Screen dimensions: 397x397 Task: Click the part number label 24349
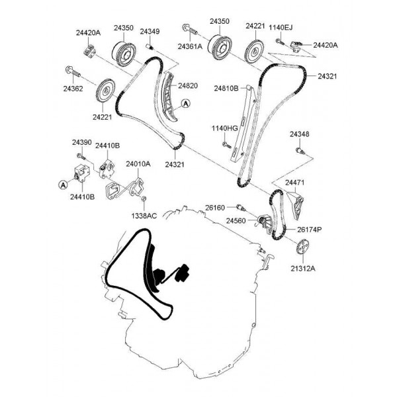(150, 31)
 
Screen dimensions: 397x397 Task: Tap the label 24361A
(190, 46)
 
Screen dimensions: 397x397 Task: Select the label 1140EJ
(281, 27)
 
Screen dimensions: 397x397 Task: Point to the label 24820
(188, 85)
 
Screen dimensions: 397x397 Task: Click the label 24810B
(226, 89)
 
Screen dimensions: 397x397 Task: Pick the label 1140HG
(225, 128)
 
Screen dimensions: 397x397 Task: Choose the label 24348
(300, 134)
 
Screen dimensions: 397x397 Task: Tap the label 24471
(295, 183)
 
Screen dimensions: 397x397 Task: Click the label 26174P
(310, 230)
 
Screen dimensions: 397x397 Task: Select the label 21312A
(303, 269)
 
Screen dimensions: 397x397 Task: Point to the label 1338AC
(144, 216)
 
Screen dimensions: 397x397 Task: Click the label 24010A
(138, 164)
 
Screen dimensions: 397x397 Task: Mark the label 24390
(82, 142)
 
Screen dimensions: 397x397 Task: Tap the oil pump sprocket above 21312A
(302, 246)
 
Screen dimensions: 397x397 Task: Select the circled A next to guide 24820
(186, 103)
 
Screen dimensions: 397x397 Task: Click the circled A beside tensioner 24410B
(63, 185)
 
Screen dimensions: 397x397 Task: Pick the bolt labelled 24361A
(190, 29)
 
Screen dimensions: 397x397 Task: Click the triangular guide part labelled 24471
(295, 206)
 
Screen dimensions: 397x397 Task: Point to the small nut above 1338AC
(144, 198)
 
